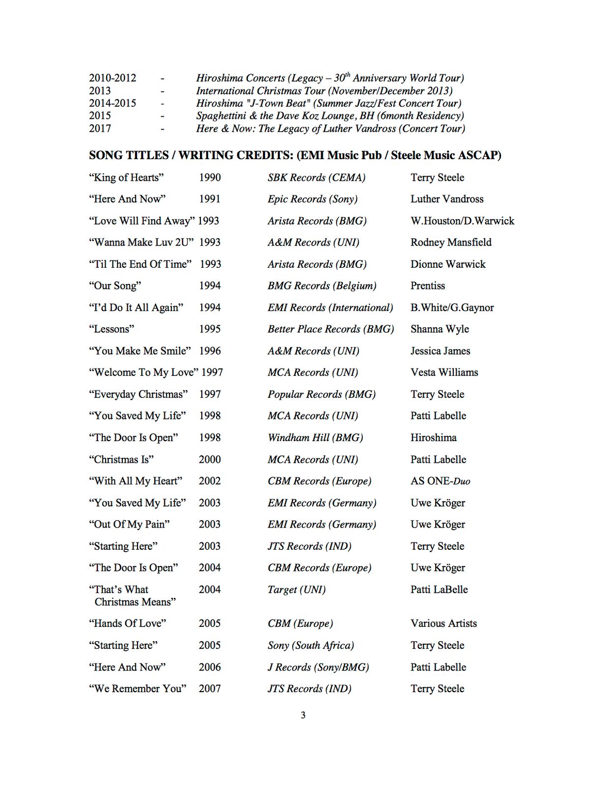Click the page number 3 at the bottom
click(303, 715)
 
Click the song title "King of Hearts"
click(126, 177)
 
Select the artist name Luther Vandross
click(447, 199)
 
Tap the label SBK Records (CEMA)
click(316, 177)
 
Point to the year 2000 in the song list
click(210, 459)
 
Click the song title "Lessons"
click(111, 329)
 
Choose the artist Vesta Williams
click(444, 372)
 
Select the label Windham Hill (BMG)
click(315, 438)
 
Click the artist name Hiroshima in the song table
click(433, 438)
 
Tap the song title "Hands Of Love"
click(128, 623)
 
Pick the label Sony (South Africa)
click(310, 646)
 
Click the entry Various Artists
click(443, 623)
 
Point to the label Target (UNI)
click(296, 589)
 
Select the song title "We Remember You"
click(138, 689)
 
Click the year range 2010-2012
click(112, 78)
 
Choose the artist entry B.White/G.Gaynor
click(452, 308)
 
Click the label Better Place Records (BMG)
click(331, 329)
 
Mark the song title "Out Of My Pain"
click(129, 524)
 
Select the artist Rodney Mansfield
click(451, 242)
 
